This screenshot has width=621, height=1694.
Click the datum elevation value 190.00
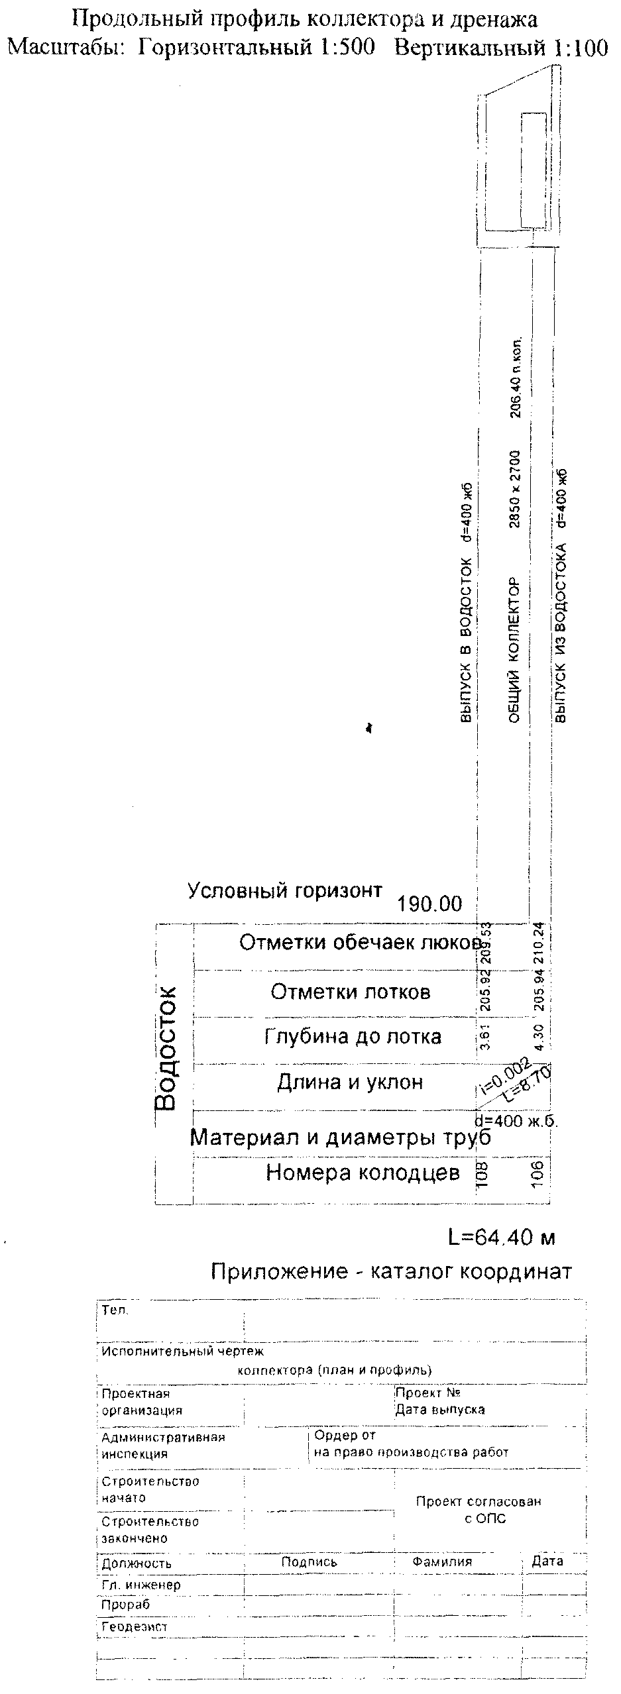[429, 904]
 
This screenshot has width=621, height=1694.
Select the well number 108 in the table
[482, 1173]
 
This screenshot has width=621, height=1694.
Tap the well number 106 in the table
[537, 1173]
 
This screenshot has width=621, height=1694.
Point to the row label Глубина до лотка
[353, 1036]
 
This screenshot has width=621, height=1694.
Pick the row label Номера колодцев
[363, 1172]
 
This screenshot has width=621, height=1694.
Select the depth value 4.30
[538, 1037]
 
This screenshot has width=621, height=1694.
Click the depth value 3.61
[484, 1037]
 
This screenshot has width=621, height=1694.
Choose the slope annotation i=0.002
[504, 1075]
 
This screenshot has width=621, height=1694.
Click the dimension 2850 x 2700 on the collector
[515, 490]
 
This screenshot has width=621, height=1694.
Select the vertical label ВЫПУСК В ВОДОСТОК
[466, 642]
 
